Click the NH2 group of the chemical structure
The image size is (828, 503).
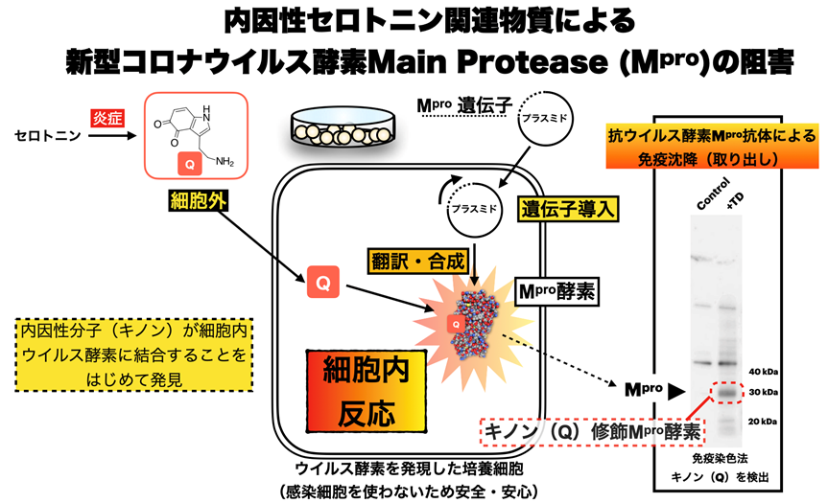pos(223,160)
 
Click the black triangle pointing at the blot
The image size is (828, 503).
pos(675,390)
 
